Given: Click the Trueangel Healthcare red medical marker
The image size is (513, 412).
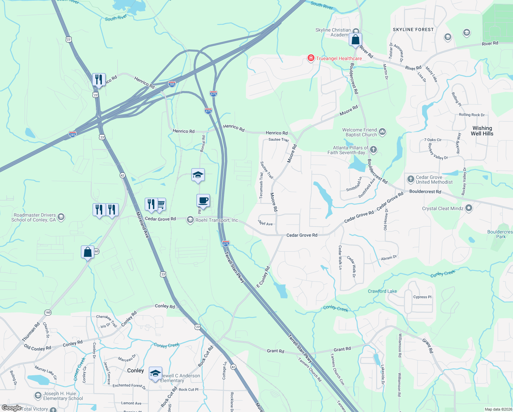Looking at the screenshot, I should tap(311, 58).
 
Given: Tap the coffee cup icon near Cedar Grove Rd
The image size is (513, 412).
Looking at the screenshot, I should tap(203, 201).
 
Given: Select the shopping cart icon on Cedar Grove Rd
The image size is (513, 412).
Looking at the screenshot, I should tap(160, 205).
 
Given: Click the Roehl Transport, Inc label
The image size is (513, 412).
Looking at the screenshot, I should tap(216, 220).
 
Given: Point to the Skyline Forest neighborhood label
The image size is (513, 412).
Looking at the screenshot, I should tap(413, 30).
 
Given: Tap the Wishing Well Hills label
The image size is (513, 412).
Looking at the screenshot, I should tap(482, 131).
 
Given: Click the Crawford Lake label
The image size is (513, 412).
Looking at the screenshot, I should tap(382, 291).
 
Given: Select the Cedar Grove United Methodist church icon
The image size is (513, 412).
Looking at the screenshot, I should tap(410, 179).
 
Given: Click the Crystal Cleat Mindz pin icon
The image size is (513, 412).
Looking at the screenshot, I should tap(469, 208).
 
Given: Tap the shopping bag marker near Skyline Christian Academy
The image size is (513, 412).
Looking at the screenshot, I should tap(356, 39).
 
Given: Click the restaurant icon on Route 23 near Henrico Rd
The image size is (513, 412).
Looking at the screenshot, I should tap(98, 79).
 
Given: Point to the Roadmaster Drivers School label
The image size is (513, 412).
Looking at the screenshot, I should tap(34, 217).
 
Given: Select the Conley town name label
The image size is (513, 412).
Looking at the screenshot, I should tap(135, 370).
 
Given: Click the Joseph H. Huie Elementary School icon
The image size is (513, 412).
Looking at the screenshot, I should tap(38, 396).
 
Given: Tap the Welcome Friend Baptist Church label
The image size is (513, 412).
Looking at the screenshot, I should tap(359, 132).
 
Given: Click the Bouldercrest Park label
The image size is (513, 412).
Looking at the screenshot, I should tap(500, 234).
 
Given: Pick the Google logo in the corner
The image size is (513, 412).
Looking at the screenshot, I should tap(11, 408).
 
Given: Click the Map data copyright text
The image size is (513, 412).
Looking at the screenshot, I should tap(497, 409).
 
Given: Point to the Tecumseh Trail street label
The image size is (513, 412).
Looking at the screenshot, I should tap(261, 185).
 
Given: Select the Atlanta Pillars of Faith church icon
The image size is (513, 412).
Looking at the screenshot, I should tap(373, 150).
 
